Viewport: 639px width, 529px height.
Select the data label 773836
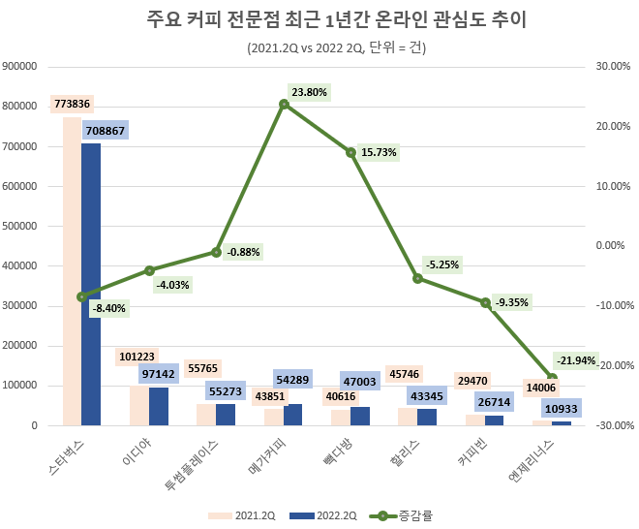tap(73, 104)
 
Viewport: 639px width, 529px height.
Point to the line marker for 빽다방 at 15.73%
tap(351, 152)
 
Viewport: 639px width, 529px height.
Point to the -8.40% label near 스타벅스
tap(108, 308)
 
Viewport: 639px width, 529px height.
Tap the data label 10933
tap(562, 409)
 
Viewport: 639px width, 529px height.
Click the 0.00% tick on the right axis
tap(610, 245)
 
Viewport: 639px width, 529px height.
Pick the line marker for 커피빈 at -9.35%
tap(485, 302)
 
